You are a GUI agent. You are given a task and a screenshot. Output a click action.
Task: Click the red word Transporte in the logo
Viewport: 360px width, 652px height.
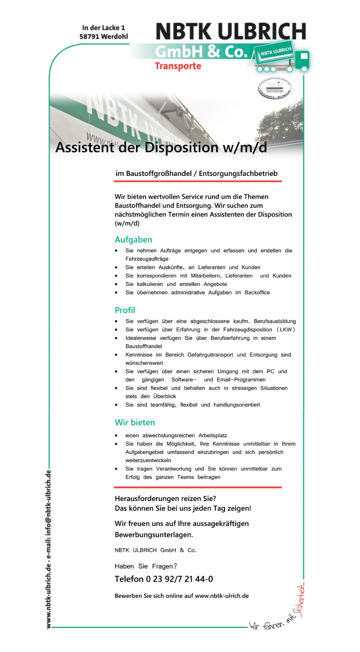click(x=178, y=66)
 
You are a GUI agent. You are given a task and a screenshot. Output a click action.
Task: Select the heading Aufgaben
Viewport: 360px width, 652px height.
click(x=133, y=239)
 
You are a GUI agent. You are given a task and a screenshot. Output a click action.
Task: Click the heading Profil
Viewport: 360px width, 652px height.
click(x=125, y=310)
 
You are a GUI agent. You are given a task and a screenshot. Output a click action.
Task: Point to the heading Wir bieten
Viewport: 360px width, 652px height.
click(x=135, y=422)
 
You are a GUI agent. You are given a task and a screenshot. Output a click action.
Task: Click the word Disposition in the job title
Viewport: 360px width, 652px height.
click(x=181, y=147)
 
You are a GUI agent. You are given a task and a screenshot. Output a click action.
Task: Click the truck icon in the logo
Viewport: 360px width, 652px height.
click(x=283, y=60)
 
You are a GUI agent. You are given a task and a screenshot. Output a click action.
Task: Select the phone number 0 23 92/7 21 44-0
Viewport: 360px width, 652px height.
click(x=179, y=579)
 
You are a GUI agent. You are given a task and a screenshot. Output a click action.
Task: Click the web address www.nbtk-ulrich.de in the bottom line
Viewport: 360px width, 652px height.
click(x=221, y=596)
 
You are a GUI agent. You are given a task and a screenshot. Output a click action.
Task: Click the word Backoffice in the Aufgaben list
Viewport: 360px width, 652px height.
click(x=257, y=293)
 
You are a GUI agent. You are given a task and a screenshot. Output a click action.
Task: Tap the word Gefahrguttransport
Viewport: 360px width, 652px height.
click(x=210, y=355)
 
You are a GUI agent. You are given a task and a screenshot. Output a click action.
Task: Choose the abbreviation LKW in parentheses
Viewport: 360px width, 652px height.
click(x=286, y=330)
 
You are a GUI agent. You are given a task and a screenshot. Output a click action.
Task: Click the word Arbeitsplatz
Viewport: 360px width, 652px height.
click(x=213, y=436)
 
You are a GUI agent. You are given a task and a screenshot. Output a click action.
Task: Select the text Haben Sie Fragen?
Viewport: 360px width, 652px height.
click(x=146, y=566)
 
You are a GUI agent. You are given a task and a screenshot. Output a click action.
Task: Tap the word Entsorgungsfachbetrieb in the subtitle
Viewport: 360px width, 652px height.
click(x=238, y=174)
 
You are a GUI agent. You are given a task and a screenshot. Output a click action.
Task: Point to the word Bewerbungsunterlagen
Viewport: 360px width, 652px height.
click(x=154, y=535)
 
